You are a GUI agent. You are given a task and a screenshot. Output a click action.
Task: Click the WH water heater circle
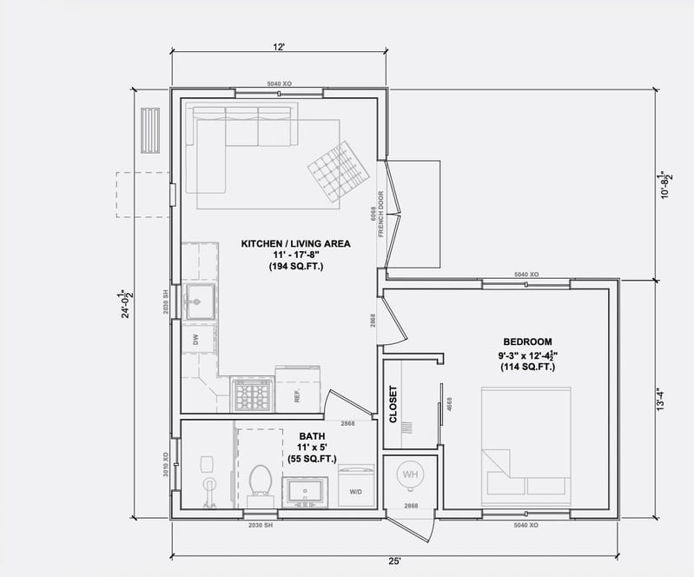(x=409, y=475)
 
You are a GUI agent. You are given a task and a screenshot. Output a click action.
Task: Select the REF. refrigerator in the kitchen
(x=297, y=389)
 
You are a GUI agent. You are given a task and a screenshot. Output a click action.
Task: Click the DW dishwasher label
(x=197, y=338)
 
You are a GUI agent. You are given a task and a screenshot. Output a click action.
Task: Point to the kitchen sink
(x=199, y=302)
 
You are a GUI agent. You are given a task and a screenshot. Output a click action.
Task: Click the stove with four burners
(x=253, y=395)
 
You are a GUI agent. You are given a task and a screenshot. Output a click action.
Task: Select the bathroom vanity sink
(x=305, y=492)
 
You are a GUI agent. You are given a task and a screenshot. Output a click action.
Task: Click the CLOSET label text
(x=393, y=404)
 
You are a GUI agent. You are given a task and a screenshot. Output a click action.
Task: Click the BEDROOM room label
(x=527, y=342)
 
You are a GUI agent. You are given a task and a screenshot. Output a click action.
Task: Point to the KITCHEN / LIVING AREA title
(x=295, y=244)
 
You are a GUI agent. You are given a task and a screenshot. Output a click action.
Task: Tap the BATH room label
(x=312, y=436)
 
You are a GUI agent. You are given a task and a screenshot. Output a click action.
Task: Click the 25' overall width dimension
(x=395, y=561)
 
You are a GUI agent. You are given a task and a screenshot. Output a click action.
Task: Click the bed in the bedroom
(x=526, y=448)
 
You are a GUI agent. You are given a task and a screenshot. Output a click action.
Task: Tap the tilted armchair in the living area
(x=338, y=170)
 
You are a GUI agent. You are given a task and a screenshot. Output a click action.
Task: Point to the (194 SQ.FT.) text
(x=295, y=267)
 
